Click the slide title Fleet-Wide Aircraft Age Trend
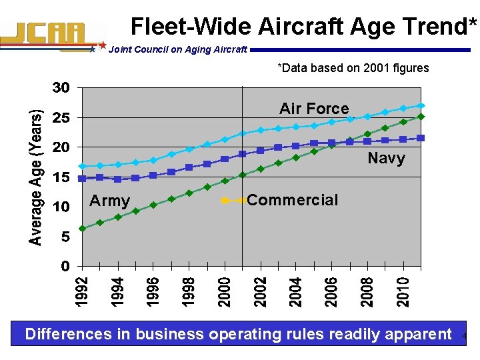(x=304, y=26)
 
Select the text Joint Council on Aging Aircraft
(x=177, y=49)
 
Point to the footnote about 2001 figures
(x=353, y=68)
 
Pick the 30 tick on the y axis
(x=61, y=88)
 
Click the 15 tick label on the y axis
(x=61, y=177)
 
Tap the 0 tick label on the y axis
(x=65, y=267)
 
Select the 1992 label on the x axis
(x=81, y=292)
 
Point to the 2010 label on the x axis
(x=403, y=292)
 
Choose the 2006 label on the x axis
(x=332, y=292)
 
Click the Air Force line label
(x=314, y=109)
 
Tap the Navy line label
(x=386, y=158)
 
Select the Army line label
(x=110, y=201)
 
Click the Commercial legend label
(x=292, y=200)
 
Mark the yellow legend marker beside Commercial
(x=225, y=200)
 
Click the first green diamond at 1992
(x=82, y=229)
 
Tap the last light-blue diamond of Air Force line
(x=421, y=105)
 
